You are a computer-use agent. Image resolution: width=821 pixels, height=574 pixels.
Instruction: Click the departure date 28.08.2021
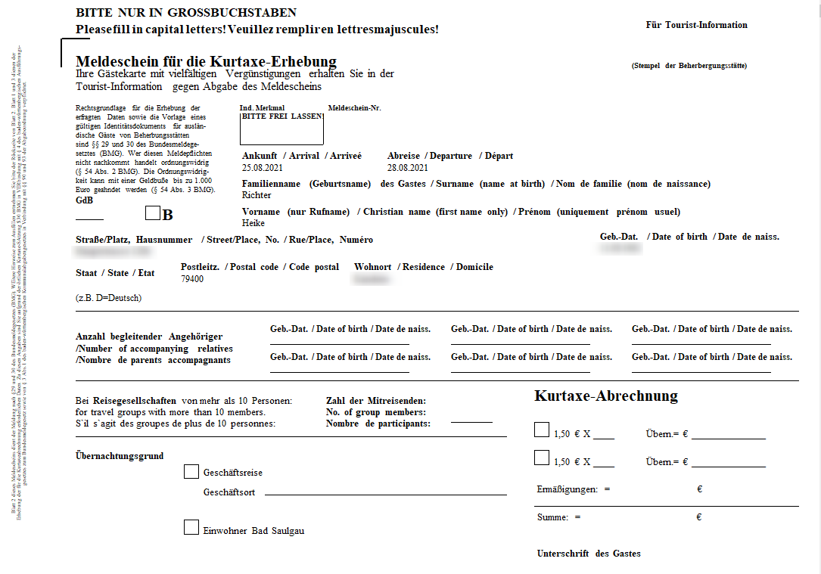click(x=407, y=168)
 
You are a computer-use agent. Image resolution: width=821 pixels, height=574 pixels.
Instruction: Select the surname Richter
click(x=257, y=195)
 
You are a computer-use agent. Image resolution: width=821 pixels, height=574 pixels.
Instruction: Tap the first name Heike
click(x=253, y=223)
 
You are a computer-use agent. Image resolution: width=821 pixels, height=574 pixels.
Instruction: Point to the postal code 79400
click(x=192, y=279)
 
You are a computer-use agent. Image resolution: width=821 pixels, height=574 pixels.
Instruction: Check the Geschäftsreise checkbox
click(x=191, y=472)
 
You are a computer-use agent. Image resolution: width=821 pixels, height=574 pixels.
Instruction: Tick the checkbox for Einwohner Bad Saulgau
click(x=191, y=528)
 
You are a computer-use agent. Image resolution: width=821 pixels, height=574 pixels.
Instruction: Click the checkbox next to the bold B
click(x=153, y=214)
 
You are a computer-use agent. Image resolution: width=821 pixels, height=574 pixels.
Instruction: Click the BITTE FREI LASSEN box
click(x=281, y=129)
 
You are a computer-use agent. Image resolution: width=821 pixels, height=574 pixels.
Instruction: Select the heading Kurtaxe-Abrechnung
click(x=605, y=396)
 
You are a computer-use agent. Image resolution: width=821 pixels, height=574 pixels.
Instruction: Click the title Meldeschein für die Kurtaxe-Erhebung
click(x=206, y=61)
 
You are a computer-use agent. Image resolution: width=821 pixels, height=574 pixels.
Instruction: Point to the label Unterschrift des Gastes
click(x=588, y=554)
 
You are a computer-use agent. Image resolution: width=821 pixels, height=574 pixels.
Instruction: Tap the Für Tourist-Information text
click(x=696, y=25)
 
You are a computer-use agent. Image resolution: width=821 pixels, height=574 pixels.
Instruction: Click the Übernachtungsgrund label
click(x=120, y=456)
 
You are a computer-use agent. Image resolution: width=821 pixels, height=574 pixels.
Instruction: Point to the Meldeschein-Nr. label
click(x=355, y=108)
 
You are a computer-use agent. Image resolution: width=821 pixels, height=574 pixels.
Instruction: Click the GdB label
click(x=84, y=200)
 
